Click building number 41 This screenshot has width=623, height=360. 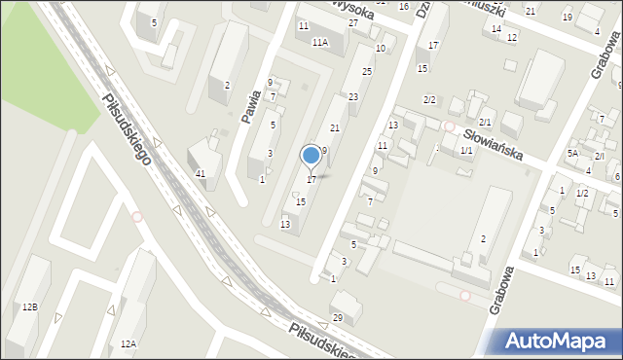[x=201, y=173]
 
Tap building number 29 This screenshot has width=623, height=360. [x=338, y=318]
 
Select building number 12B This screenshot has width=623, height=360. [x=30, y=307]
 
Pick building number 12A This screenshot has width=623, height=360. [x=128, y=343]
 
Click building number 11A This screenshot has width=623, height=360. [x=320, y=43]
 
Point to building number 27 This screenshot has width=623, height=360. [x=353, y=22]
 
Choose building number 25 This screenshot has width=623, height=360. [x=367, y=72]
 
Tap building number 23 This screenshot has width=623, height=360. [x=353, y=96]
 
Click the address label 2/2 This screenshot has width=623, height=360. [x=429, y=100]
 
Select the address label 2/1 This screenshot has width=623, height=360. [x=485, y=121]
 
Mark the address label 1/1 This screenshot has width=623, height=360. [x=466, y=150]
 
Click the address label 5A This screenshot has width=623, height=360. [x=573, y=154]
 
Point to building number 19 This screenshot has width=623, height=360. [x=567, y=18]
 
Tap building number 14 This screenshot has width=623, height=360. [x=496, y=29]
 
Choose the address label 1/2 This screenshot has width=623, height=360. [x=582, y=193]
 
